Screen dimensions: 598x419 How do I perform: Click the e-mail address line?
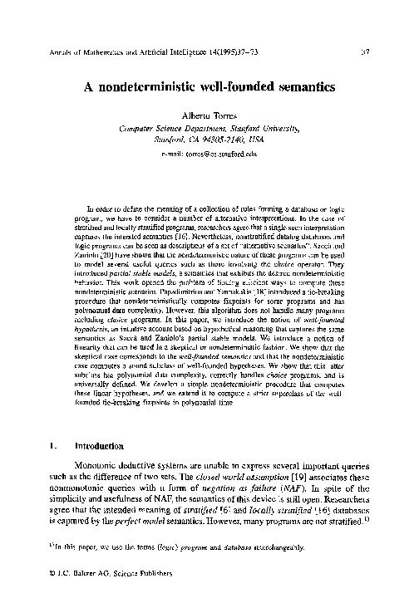pos(209,154)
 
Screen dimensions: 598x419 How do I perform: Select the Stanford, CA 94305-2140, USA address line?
pos(209,141)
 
